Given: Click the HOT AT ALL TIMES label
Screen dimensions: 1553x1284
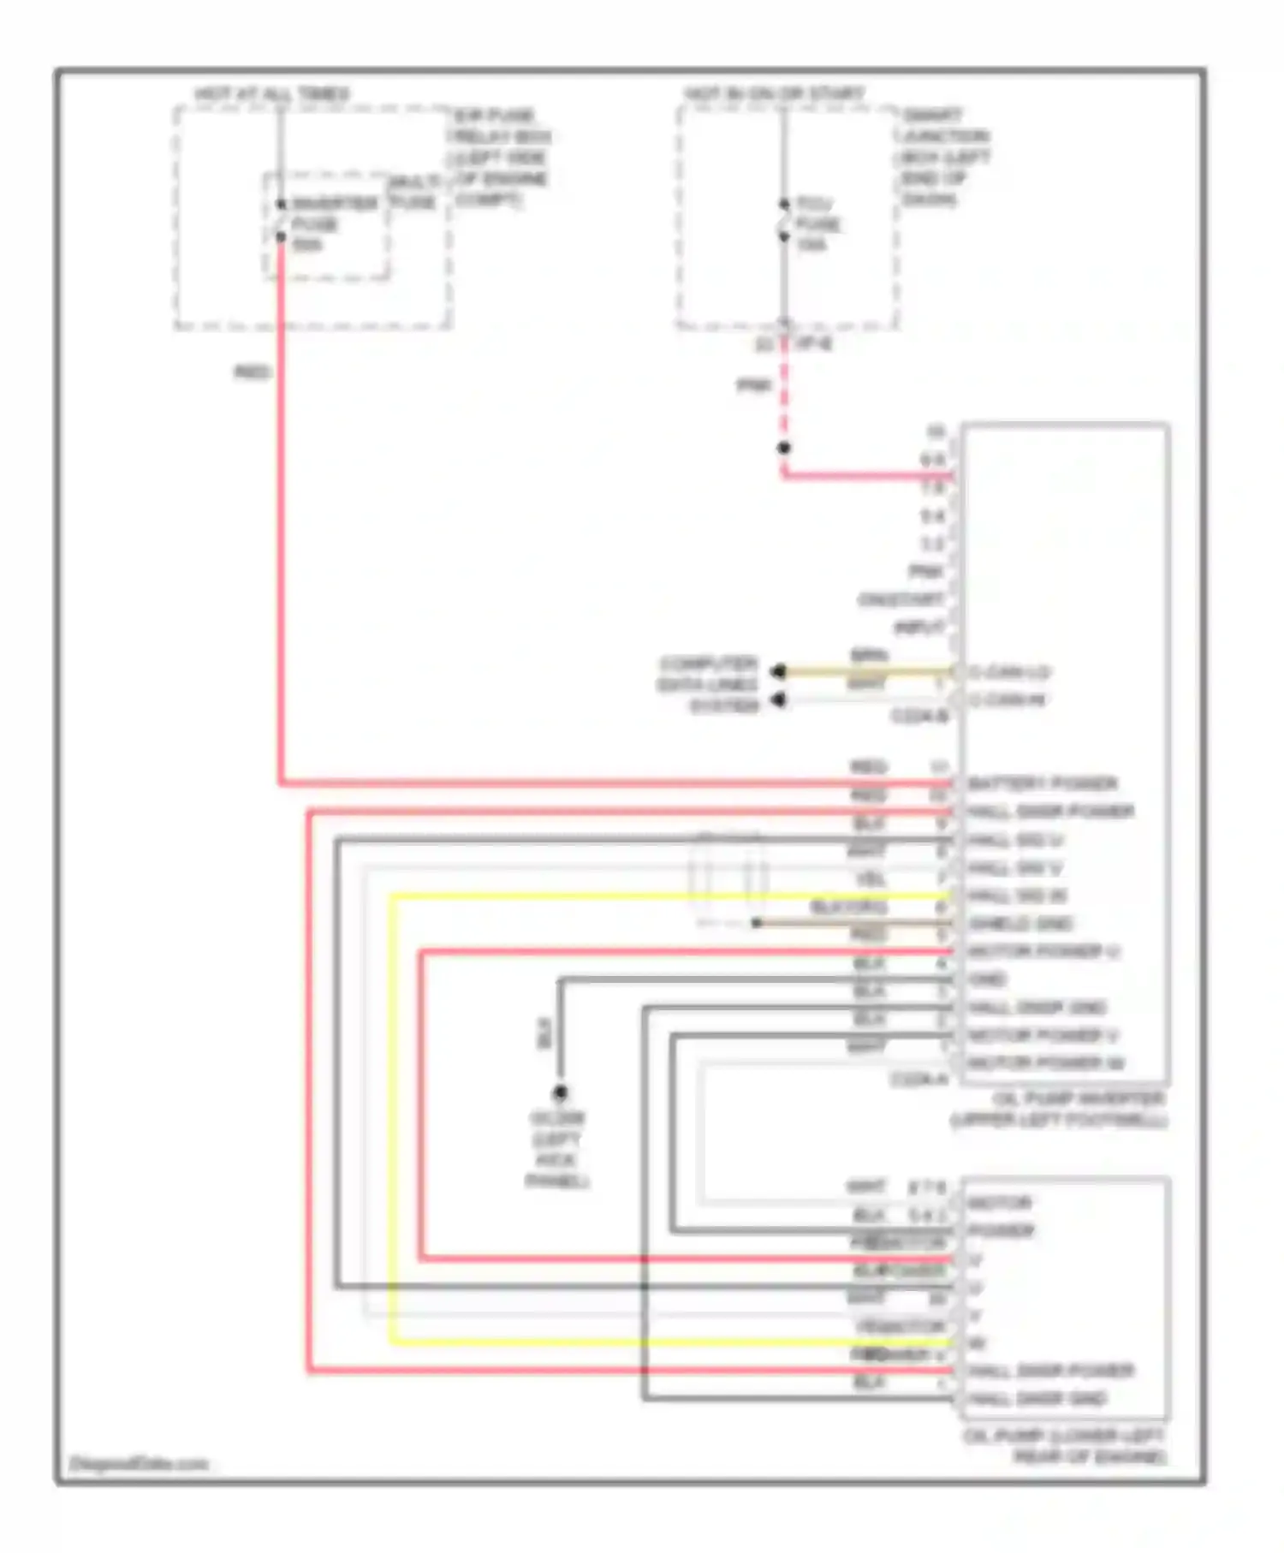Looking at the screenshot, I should click(x=271, y=93).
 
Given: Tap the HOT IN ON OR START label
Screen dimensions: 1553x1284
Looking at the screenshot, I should click(x=774, y=93).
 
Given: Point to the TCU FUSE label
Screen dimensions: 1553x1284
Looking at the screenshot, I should click(x=817, y=223).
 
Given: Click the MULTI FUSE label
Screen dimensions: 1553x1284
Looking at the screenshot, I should click(x=414, y=193).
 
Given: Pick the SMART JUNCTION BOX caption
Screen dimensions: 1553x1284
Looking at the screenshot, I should click(x=944, y=157).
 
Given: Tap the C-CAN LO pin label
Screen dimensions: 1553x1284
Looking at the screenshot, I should click(x=1009, y=672).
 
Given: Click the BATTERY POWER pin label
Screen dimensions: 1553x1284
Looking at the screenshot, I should click(x=1042, y=783).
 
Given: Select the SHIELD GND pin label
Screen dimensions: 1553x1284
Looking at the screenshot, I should click(x=1020, y=924).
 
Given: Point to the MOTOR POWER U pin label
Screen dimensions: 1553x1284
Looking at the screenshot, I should click(x=1043, y=951).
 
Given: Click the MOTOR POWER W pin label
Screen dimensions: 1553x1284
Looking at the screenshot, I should click(x=1045, y=1063).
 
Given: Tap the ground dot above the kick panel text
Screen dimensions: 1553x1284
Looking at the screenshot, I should click(x=560, y=1092).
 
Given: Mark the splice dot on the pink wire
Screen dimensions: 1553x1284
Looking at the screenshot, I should click(x=783, y=448).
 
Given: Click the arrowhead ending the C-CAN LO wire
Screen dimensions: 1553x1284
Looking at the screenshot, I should click(x=778, y=672).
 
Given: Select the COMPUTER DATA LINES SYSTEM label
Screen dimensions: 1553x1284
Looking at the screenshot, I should click(x=709, y=685).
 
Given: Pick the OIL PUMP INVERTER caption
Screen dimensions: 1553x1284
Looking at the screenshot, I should click(x=1061, y=1110).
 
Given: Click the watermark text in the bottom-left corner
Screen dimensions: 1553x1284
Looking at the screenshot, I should click(x=139, y=1464).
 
